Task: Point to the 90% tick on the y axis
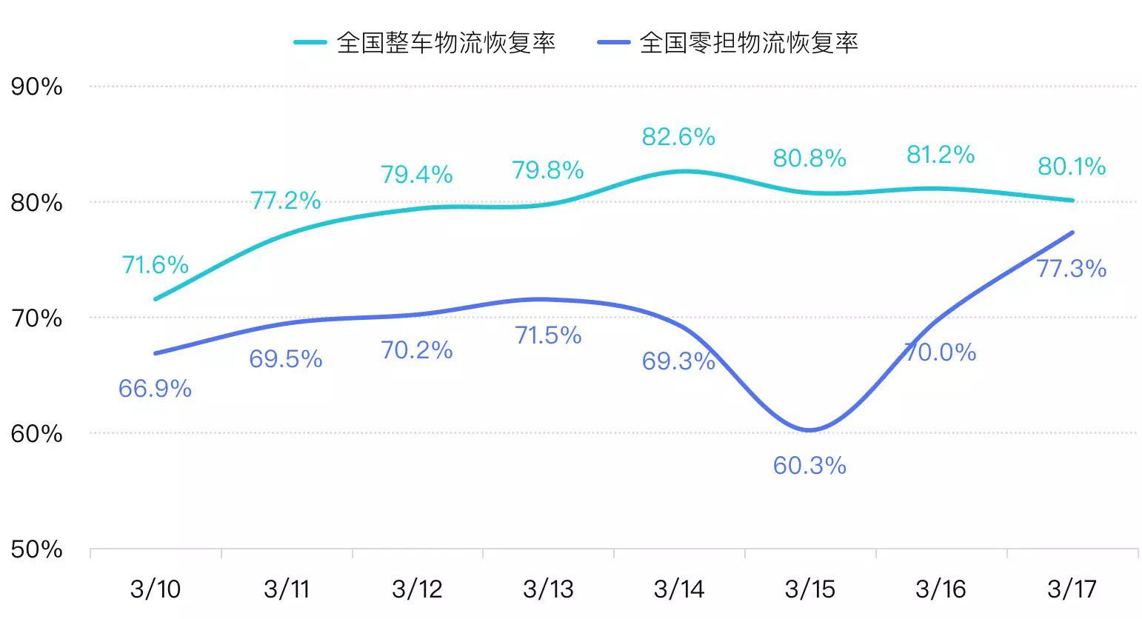point(36,87)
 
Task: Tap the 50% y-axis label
point(36,549)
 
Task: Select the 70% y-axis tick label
point(36,318)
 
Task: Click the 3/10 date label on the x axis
point(156,589)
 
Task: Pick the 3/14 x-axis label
point(679,589)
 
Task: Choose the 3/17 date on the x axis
point(1072,589)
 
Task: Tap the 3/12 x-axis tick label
point(417,589)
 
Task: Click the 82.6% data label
point(678,137)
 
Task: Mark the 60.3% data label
point(809,466)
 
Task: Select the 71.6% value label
point(156,264)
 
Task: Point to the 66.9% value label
point(155,389)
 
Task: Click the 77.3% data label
point(1071,268)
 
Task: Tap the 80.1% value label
point(1072,167)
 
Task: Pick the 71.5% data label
point(548,335)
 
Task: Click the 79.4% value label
point(416,175)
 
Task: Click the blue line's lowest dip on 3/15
point(809,430)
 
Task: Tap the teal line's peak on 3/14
point(681,171)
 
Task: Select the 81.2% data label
point(941,155)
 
